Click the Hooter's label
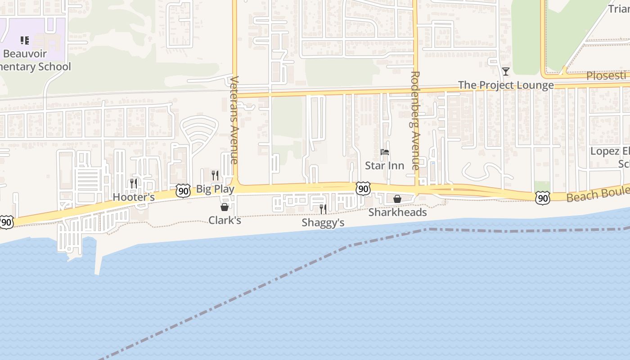click(x=134, y=197)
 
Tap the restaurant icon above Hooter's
click(x=134, y=183)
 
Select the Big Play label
click(x=215, y=189)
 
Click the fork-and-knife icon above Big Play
click(x=215, y=175)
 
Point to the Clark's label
click(x=225, y=220)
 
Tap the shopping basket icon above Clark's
click(x=225, y=207)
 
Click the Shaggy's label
click(x=323, y=223)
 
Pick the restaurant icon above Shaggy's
click(x=323, y=209)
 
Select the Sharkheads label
click(x=397, y=212)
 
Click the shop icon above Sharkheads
click(x=397, y=199)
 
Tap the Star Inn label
click(x=384, y=166)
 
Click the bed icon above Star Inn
click(x=384, y=152)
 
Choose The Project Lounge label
click(x=506, y=85)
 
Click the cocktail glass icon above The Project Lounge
click(x=506, y=72)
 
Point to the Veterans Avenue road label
click(x=234, y=120)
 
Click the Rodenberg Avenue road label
click(x=415, y=121)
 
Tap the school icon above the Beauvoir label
click(x=25, y=40)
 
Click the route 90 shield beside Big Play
click(x=183, y=190)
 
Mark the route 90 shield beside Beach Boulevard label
click(x=543, y=198)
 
